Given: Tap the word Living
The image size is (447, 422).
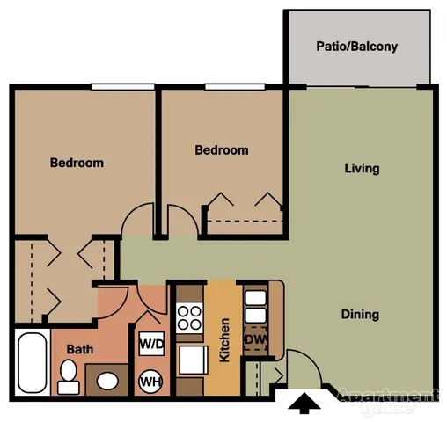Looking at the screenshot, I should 362,168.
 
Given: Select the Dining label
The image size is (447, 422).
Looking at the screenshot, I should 361,314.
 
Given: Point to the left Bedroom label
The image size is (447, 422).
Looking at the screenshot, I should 77,163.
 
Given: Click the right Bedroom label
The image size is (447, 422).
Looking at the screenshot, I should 221,150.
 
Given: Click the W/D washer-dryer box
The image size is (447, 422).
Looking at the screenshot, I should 150,344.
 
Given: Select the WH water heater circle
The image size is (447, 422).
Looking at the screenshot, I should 150,382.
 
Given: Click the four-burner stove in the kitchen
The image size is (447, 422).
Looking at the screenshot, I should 190,318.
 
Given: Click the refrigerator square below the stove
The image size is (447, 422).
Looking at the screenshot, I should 190,360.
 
